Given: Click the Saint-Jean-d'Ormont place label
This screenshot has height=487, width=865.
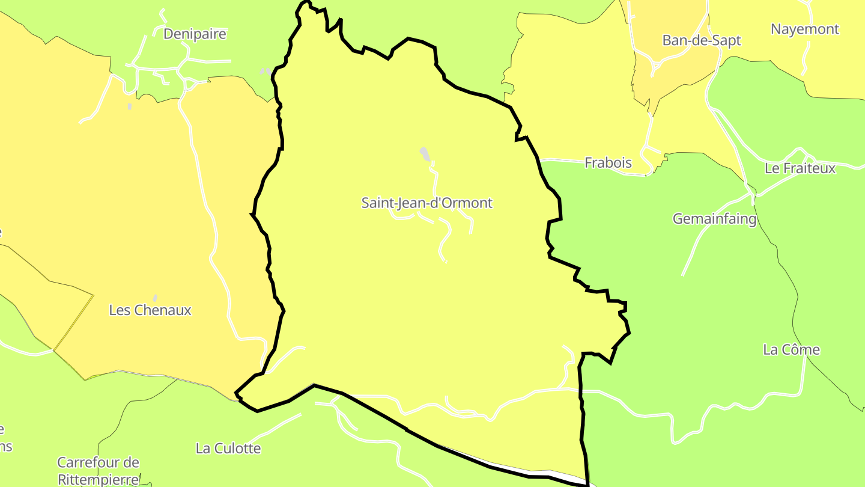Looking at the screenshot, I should [x=426, y=203].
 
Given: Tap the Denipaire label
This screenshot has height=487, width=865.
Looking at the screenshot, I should [x=195, y=34].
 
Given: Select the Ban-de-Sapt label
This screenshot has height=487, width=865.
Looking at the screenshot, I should [x=702, y=40].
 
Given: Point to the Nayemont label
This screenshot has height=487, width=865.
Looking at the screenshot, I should [x=805, y=29].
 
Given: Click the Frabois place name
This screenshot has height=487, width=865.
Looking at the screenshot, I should [x=608, y=162].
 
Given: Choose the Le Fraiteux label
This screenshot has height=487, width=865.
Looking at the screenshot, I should [x=800, y=168].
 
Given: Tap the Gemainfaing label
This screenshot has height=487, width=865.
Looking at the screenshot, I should [x=714, y=219].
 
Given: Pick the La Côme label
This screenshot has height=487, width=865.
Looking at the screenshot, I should [x=791, y=349].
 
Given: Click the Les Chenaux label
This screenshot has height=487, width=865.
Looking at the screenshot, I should [x=150, y=310].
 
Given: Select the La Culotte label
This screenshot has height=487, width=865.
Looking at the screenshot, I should [x=228, y=449].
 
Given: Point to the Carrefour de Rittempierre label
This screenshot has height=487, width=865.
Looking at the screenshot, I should [x=98, y=471].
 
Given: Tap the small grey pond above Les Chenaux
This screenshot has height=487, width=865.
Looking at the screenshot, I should [x=155, y=298].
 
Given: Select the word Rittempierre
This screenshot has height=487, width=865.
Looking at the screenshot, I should [x=98, y=479].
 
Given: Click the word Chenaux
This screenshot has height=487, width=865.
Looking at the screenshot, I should [x=163, y=310].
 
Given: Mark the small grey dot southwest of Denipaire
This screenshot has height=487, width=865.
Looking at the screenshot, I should [x=130, y=106].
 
